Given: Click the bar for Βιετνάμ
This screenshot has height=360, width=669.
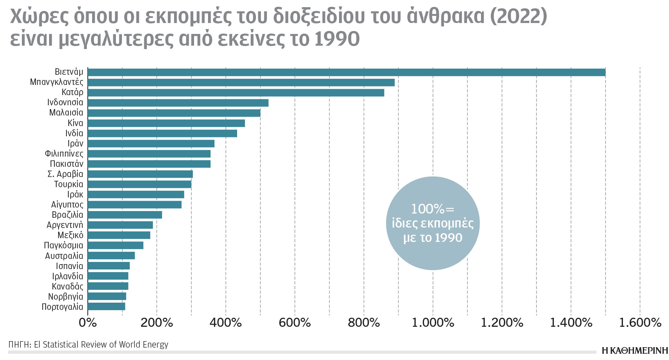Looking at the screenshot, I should click(x=346, y=72).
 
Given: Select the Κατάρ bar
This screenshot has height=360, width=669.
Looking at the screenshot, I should click(x=236, y=93).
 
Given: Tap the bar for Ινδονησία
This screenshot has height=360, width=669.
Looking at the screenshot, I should click(x=178, y=103).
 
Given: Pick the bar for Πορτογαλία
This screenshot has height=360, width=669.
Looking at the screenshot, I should click(x=106, y=306).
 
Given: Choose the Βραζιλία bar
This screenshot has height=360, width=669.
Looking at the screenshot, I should click(x=125, y=215).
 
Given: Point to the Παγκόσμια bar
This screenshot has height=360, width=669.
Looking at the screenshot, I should click(x=116, y=245).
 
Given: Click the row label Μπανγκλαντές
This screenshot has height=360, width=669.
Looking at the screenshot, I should click(x=57, y=82).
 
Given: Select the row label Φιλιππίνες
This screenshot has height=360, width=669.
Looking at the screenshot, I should click(x=64, y=154).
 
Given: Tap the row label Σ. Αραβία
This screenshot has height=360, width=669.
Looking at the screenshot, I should click(x=65, y=174).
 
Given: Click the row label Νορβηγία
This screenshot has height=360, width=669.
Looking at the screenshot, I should click(x=65, y=297).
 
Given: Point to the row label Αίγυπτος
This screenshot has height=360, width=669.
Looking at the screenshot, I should click(x=67, y=205).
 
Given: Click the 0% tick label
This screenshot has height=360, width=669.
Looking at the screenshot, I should click(x=88, y=323).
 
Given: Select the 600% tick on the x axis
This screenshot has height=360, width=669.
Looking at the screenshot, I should click(x=294, y=323).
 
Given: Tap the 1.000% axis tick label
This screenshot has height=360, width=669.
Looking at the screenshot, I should click(x=433, y=323).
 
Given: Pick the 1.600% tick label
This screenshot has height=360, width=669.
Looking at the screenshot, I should click(x=640, y=323).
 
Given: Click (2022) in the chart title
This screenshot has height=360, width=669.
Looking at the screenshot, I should click(x=518, y=16).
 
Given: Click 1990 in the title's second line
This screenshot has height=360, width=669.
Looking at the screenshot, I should click(x=337, y=39).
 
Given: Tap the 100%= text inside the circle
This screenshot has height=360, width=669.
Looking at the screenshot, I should click(x=433, y=209).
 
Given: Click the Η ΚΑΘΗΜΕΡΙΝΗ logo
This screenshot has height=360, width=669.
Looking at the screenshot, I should click(x=635, y=351).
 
